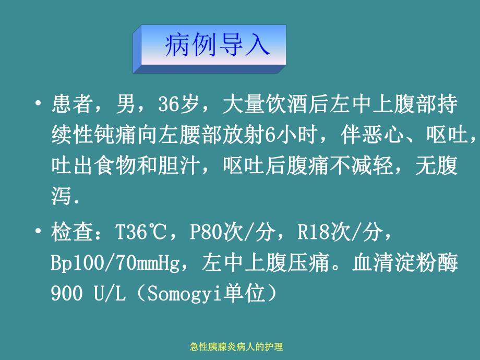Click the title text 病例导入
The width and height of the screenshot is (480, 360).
(217, 46)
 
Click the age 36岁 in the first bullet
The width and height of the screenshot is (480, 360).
(179, 105)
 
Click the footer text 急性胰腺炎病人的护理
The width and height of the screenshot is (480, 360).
(239, 346)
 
